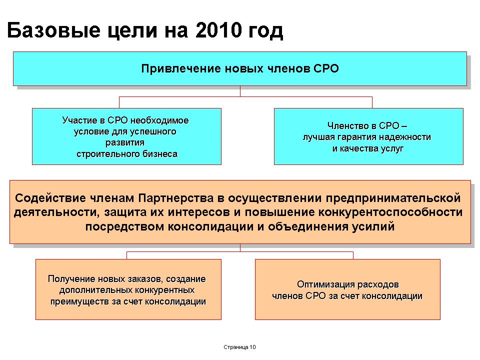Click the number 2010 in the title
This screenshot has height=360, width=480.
218,30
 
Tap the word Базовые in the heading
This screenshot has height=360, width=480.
53,30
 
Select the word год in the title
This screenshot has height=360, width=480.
265,31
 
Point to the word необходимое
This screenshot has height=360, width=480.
159,120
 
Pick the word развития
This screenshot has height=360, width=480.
125,143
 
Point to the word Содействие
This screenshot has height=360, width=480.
50,198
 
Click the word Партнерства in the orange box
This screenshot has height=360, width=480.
175,198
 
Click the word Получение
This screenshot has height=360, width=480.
71,279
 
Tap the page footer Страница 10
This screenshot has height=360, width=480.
239,347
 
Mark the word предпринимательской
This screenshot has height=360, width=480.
393,198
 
